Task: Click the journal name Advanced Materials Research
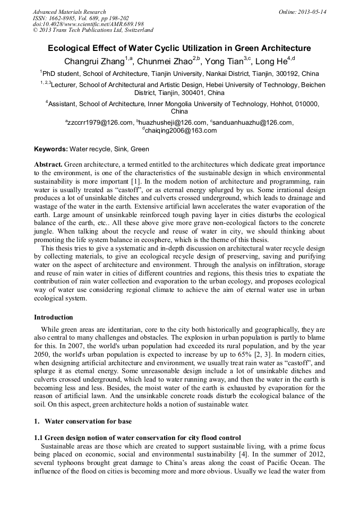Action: pyautogui.click(x=70, y=12)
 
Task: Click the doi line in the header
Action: pyautogui.click(x=88, y=24)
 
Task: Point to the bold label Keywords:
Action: pyautogui.click(x=51, y=149)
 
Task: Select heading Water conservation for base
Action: pyautogui.click(x=88, y=421)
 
